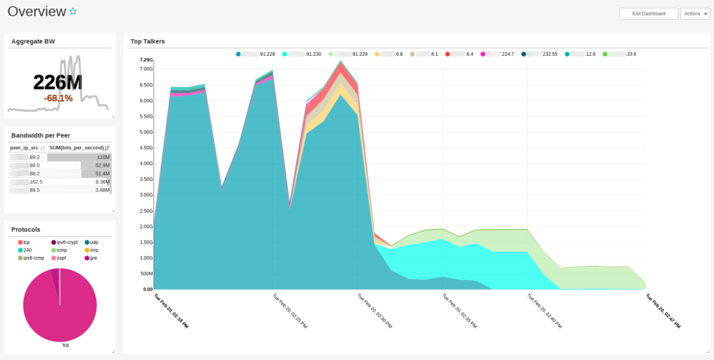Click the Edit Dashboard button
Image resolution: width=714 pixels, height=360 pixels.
coord(648,14)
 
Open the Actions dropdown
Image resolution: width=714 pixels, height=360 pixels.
coord(695,14)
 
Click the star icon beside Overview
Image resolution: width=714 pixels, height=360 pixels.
coord(73,12)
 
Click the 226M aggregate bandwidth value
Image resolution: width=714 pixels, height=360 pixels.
coord(58,82)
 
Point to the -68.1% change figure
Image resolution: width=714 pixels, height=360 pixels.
coord(58,98)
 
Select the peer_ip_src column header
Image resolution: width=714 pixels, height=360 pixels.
coord(25,148)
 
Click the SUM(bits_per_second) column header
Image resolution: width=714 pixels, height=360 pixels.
coord(77,148)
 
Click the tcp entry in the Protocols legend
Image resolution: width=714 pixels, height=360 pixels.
coord(26,242)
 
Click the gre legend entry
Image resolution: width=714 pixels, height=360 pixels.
coord(93,257)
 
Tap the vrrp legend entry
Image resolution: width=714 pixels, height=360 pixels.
coord(93,250)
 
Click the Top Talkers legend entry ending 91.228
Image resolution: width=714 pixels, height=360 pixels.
coord(262,54)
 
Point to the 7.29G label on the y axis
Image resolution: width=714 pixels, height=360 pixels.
coord(146,60)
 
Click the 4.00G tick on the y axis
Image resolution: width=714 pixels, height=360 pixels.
coord(146,163)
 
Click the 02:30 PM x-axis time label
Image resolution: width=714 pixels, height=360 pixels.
coord(374,311)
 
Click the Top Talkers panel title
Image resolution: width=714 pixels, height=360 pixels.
coord(147,41)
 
